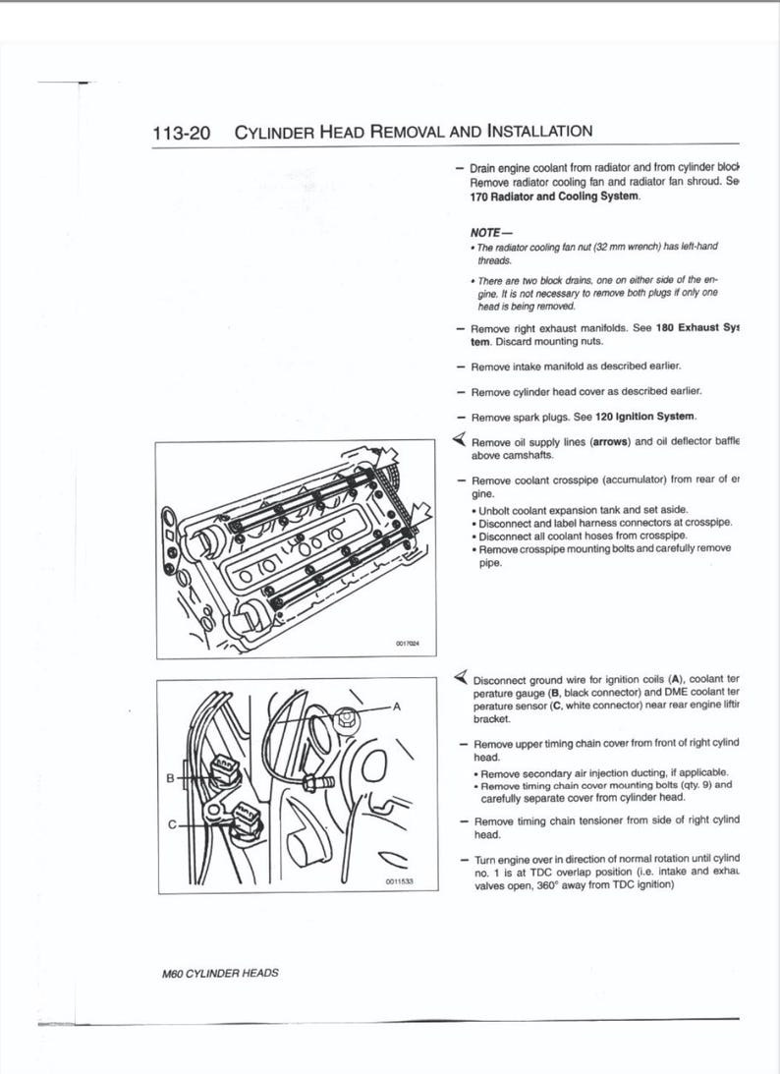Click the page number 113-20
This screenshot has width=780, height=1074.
[x=182, y=133]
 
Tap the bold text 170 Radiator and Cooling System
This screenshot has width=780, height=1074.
[x=554, y=196]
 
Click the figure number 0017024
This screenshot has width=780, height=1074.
[x=406, y=644]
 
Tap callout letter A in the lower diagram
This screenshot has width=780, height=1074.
[x=397, y=706]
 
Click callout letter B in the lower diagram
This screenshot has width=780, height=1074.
[x=169, y=778]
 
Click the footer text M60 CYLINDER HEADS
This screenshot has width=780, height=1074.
[x=220, y=973]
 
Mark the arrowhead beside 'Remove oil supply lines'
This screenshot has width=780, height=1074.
[x=458, y=439]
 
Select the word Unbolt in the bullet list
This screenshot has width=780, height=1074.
[x=498, y=509]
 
